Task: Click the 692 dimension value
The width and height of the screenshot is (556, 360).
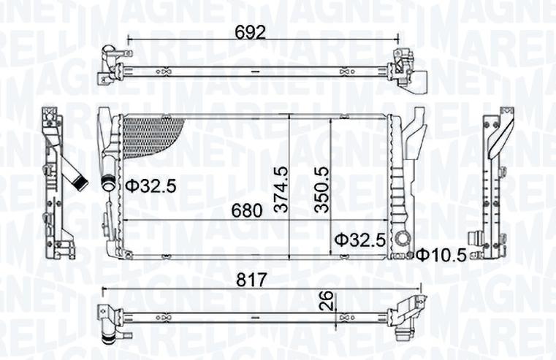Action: click(x=249, y=31)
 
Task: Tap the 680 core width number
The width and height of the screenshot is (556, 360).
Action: click(x=247, y=211)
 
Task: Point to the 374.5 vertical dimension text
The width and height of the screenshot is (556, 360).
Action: click(x=282, y=189)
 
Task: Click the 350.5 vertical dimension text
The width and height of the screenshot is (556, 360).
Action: click(x=322, y=189)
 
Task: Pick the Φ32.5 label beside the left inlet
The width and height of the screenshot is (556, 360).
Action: click(x=149, y=186)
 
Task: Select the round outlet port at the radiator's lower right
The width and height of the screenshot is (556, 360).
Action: click(x=403, y=239)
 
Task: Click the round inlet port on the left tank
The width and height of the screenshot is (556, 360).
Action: click(x=109, y=184)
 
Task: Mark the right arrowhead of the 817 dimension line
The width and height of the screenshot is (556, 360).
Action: click(x=421, y=289)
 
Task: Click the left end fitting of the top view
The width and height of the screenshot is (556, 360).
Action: click(x=110, y=66)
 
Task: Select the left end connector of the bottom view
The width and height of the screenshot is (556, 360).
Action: click(x=108, y=321)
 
